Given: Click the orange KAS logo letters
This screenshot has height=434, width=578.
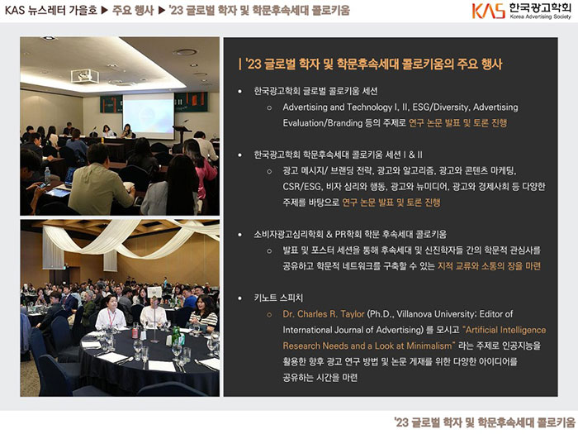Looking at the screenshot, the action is point(489,10).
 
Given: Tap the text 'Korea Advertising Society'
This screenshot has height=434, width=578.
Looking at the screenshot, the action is point(540,17).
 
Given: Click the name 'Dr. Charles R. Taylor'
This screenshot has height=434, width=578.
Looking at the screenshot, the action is point(324,314).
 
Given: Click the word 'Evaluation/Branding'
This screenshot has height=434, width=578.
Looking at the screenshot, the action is point(323,123).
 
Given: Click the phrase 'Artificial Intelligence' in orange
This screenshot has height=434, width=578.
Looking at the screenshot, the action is point(505,330).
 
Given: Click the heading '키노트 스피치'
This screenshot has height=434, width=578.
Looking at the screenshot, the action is point(278,298).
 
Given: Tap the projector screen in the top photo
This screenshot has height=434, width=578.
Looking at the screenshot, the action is point(149,115).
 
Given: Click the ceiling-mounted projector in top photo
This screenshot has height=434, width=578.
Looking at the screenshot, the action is point(85,76).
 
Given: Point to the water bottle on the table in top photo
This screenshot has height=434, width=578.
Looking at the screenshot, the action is point(47,175).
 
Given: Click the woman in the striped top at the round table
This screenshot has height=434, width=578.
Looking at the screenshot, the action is point(202,313).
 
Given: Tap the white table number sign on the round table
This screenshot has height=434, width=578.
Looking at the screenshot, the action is point(154,292).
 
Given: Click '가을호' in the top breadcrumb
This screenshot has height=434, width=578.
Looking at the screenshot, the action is point(84,10).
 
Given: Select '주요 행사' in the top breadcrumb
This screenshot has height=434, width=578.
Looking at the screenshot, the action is point(133,10).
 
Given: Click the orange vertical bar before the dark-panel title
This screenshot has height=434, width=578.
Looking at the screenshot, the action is point(240,64).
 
